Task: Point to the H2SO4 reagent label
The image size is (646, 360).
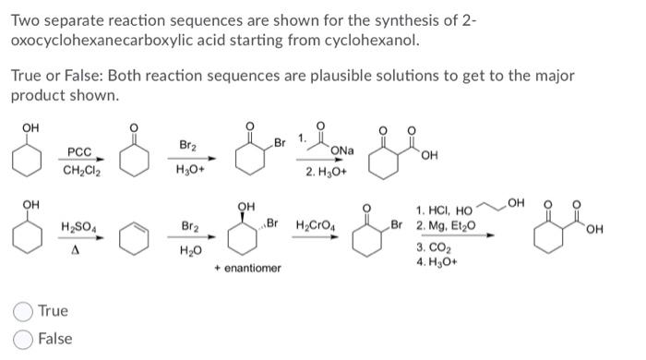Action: coord(78,227)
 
